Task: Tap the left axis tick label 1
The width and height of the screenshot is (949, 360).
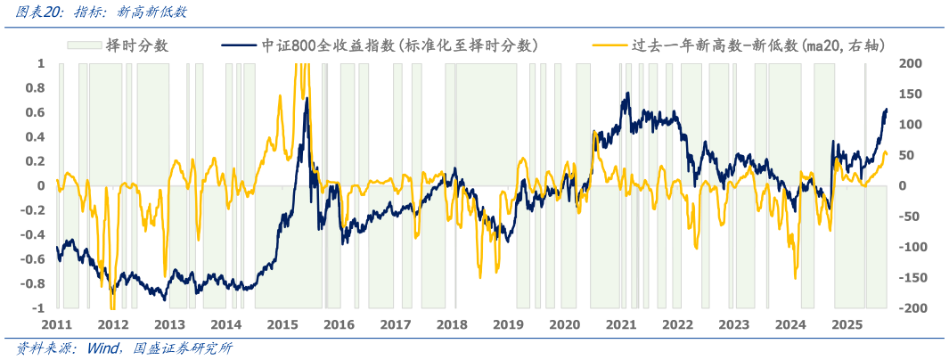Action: coord(40,63)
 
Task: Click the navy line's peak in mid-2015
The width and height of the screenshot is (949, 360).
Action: coord(307,97)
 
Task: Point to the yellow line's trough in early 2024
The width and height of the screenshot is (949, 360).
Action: coord(795,277)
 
